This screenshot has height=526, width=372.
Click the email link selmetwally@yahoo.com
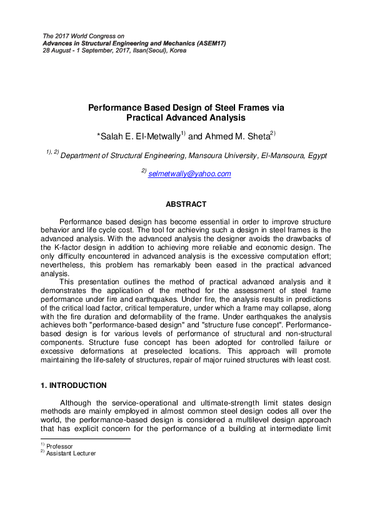[189, 174]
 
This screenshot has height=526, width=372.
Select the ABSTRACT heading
[186, 204]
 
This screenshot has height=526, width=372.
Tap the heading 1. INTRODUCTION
[73, 385]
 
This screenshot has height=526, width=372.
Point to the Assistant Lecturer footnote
[71, 454]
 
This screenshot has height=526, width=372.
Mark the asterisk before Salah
[99, 135]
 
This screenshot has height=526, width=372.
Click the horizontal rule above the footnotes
[84, 439]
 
